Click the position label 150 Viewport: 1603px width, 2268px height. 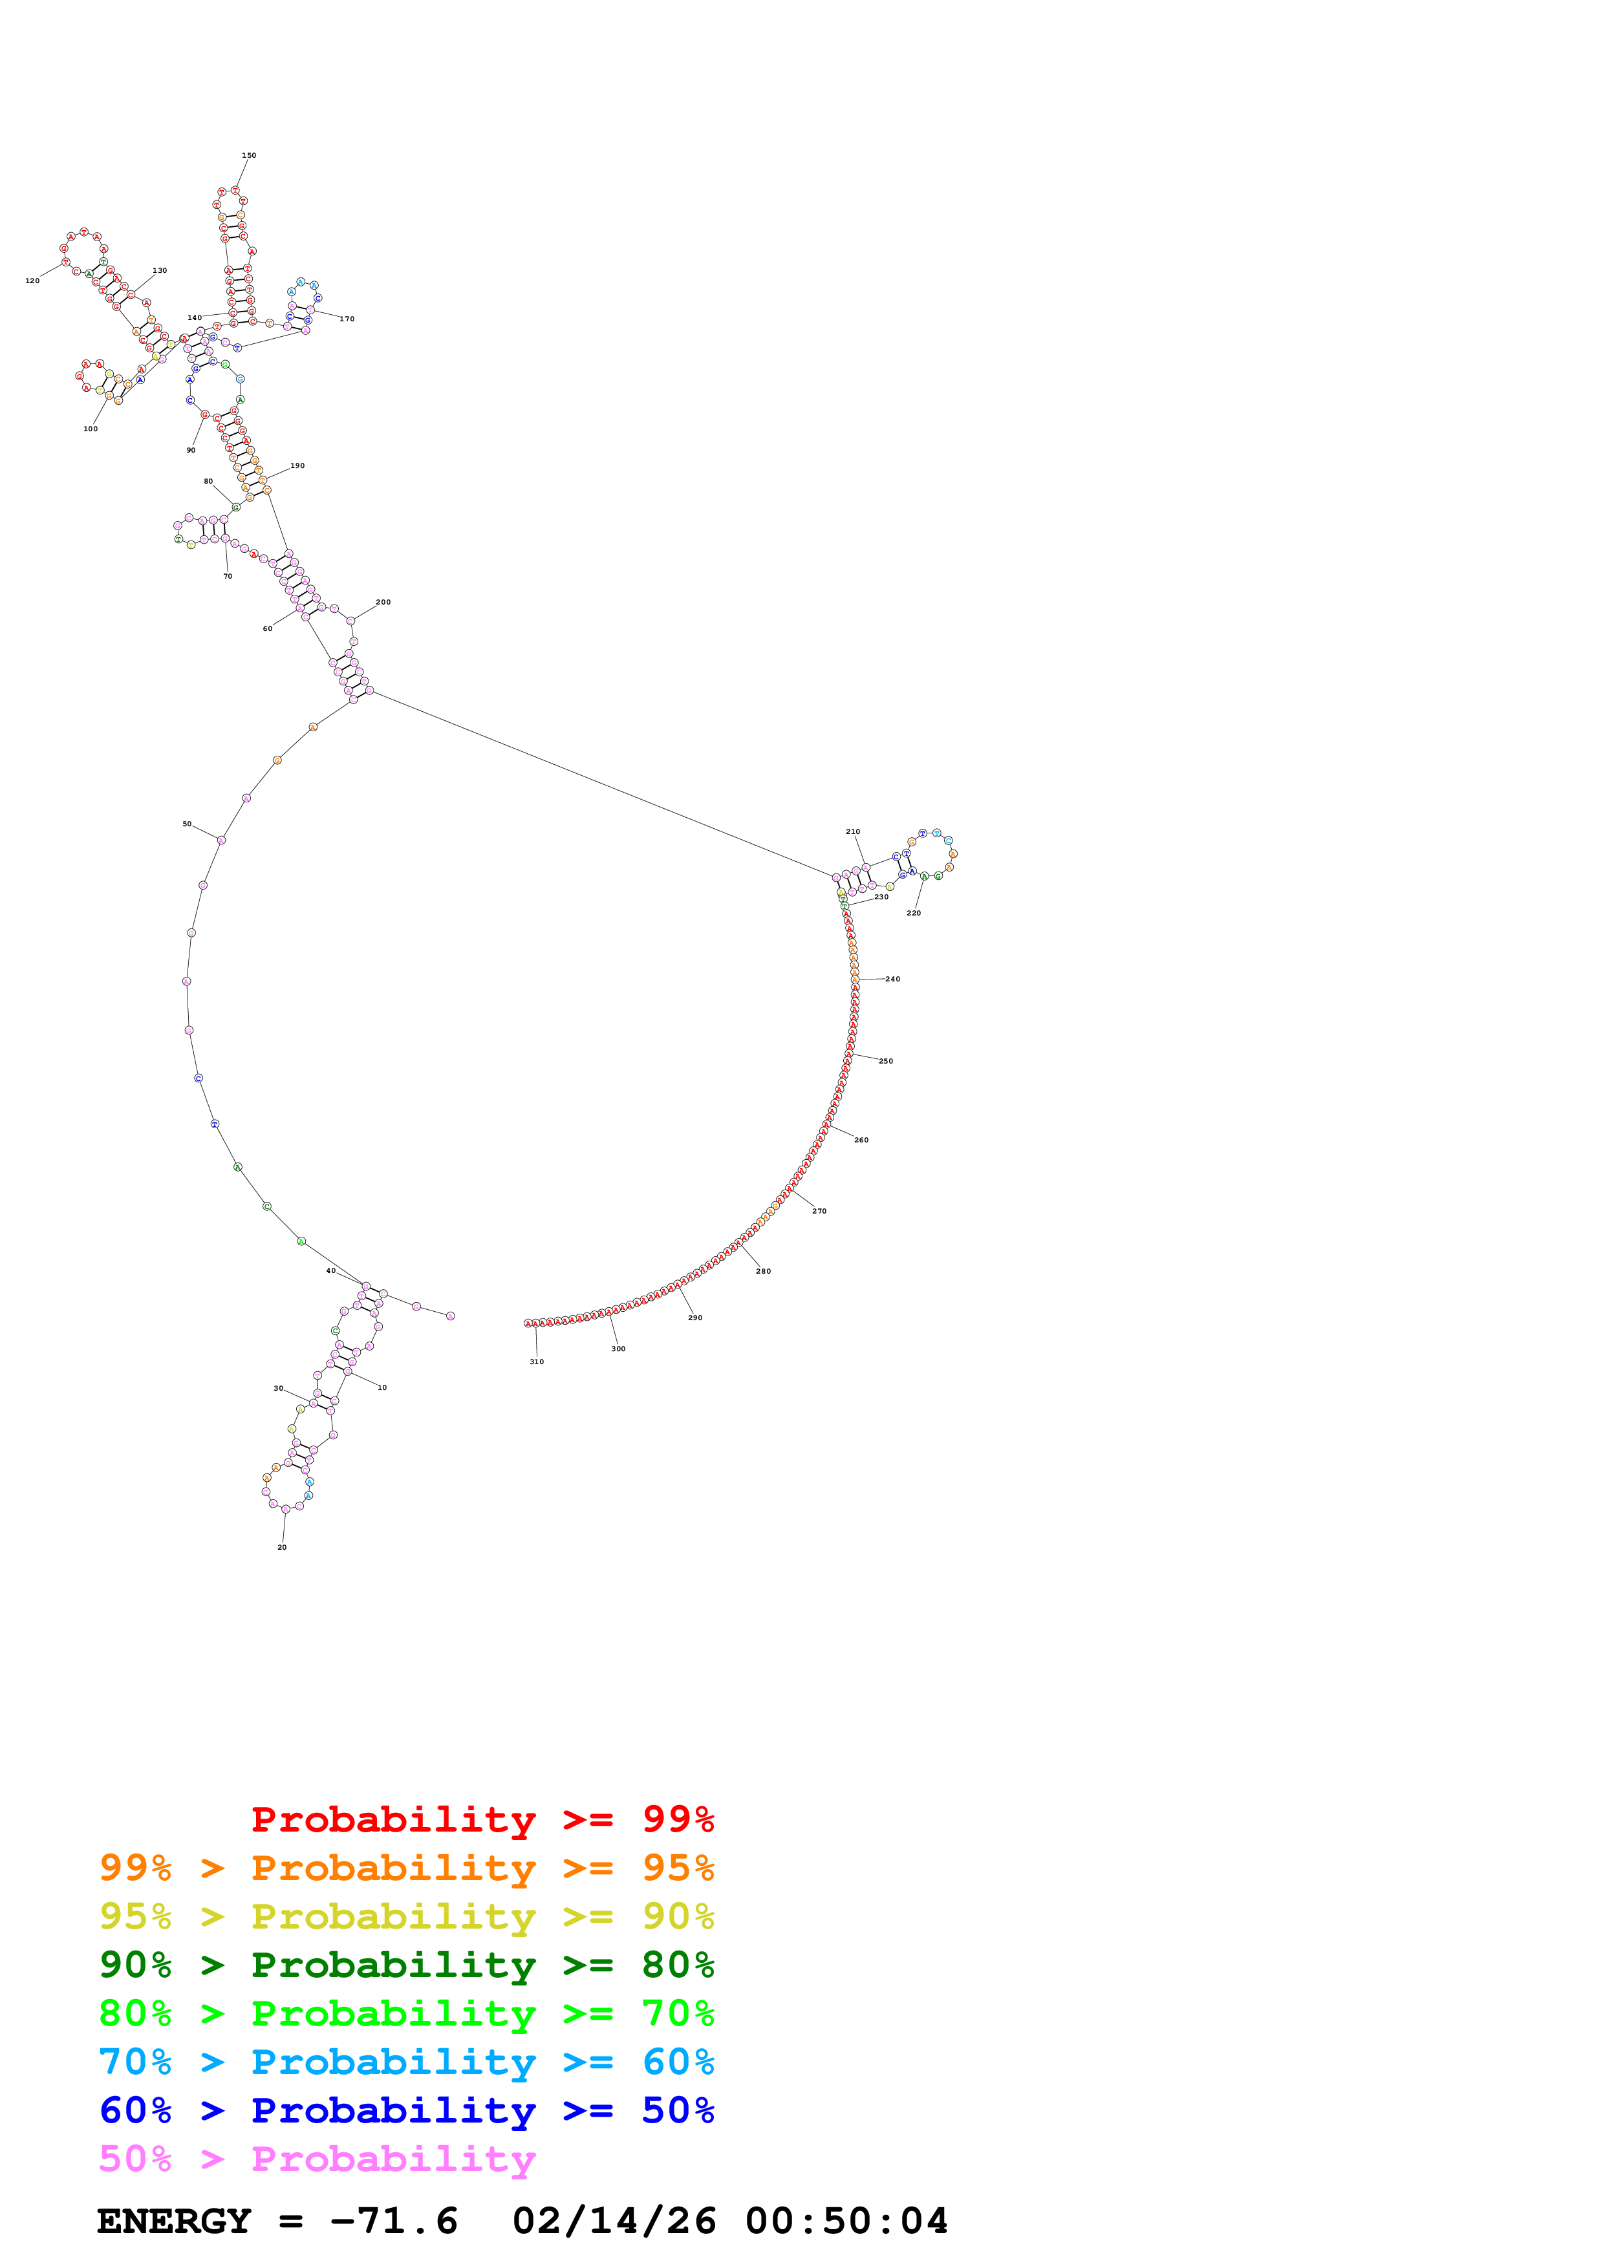249,155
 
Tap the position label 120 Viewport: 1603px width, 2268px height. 32,281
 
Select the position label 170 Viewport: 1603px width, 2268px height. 347,319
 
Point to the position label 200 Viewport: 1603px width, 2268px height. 383,601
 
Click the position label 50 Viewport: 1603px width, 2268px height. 187,824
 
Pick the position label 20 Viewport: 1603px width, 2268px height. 281,1547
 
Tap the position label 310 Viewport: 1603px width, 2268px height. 536,1361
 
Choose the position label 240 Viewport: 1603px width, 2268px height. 893,979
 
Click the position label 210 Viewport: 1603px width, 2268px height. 852,831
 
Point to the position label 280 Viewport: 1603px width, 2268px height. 764,1271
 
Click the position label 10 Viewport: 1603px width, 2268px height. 382,1388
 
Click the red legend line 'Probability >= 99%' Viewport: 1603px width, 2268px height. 482,1819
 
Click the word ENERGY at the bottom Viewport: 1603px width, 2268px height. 174,2221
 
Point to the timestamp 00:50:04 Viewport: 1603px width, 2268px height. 846,2221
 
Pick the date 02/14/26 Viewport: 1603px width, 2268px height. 614,2221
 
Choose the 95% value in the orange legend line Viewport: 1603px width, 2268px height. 678,1868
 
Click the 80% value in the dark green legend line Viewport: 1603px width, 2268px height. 678,1965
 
